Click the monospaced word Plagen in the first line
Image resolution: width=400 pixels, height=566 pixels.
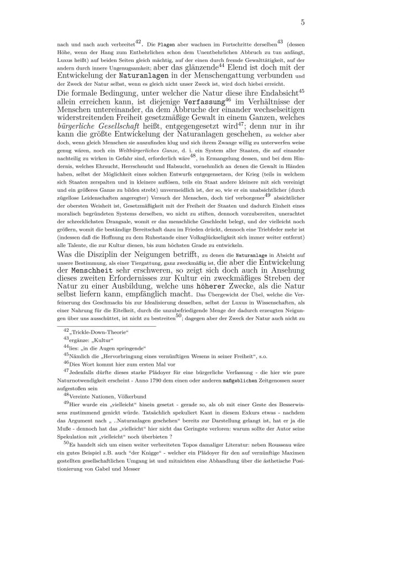coord(167,43)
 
